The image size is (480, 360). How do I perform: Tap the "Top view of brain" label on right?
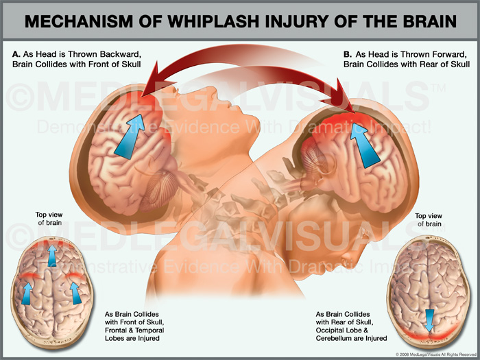tap(429, 219)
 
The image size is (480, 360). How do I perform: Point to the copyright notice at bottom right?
tap(435, 354)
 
